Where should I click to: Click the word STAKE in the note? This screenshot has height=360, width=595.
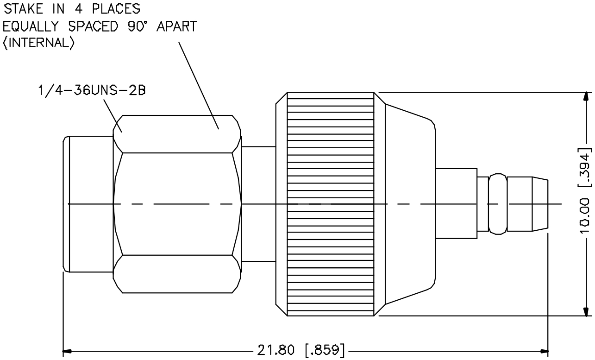pos(23,9)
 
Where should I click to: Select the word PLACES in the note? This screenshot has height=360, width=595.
pos(116,9)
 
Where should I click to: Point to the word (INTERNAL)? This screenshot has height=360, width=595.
pos(38,43)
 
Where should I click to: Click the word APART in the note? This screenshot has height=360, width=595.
pos(176,26)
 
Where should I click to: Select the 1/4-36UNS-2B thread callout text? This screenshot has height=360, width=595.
pos(92,90)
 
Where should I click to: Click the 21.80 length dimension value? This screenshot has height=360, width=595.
pos(276,350)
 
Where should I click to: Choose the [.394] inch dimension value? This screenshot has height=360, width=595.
pos(585,167)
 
